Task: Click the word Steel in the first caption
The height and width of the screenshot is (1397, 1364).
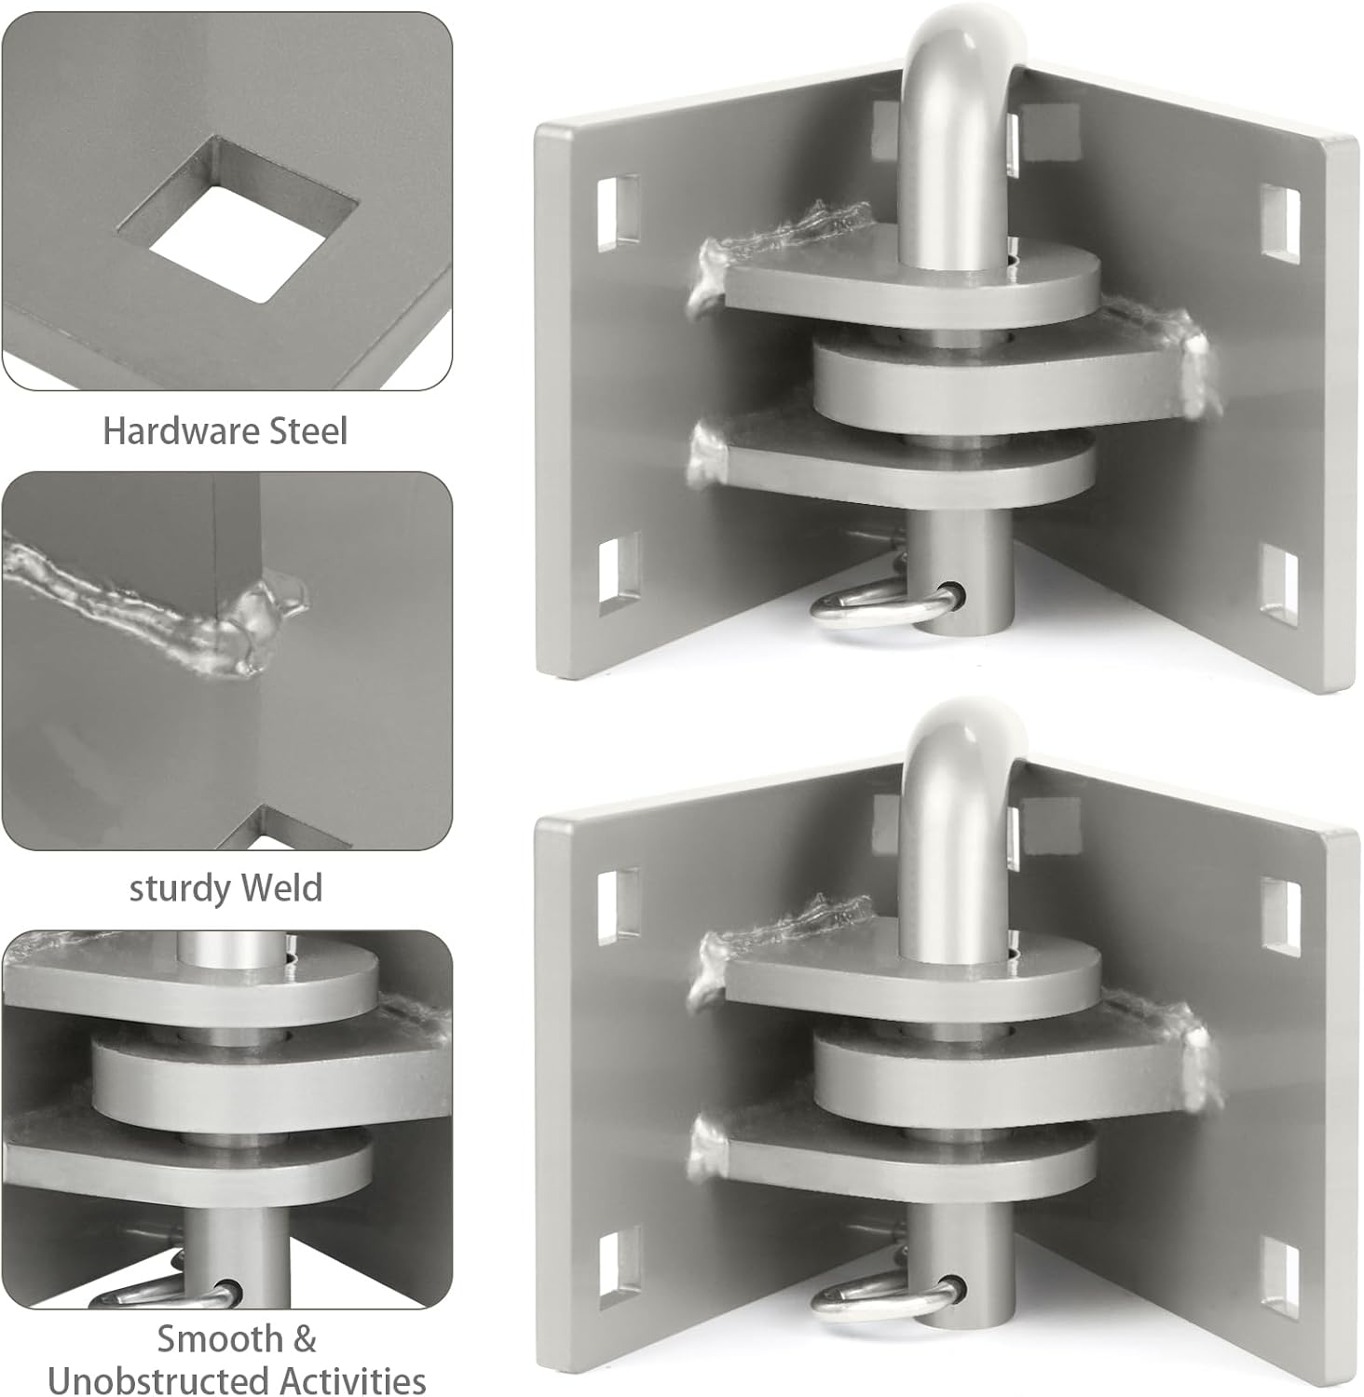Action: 307,431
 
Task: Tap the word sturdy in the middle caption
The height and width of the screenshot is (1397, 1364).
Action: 176,888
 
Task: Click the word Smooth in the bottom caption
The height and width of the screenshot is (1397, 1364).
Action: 220,1338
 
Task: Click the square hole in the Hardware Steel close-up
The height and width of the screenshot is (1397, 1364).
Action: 239,238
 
